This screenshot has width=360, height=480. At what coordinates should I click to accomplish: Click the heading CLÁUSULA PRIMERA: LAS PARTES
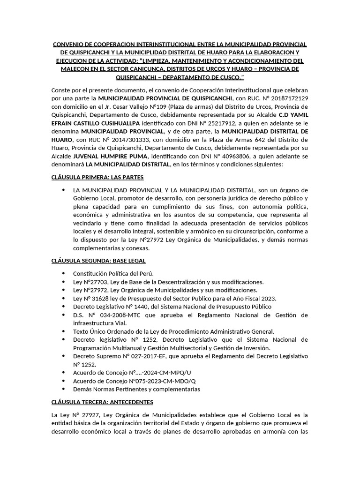coord(97,177)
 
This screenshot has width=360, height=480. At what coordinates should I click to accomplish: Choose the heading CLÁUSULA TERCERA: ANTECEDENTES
coord(102,402)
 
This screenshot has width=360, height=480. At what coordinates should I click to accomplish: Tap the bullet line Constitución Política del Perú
coord(113,273)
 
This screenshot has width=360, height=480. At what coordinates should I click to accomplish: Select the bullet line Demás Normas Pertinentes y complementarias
coord(136,389)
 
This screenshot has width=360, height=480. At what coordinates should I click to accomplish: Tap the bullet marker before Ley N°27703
coord(63,282)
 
